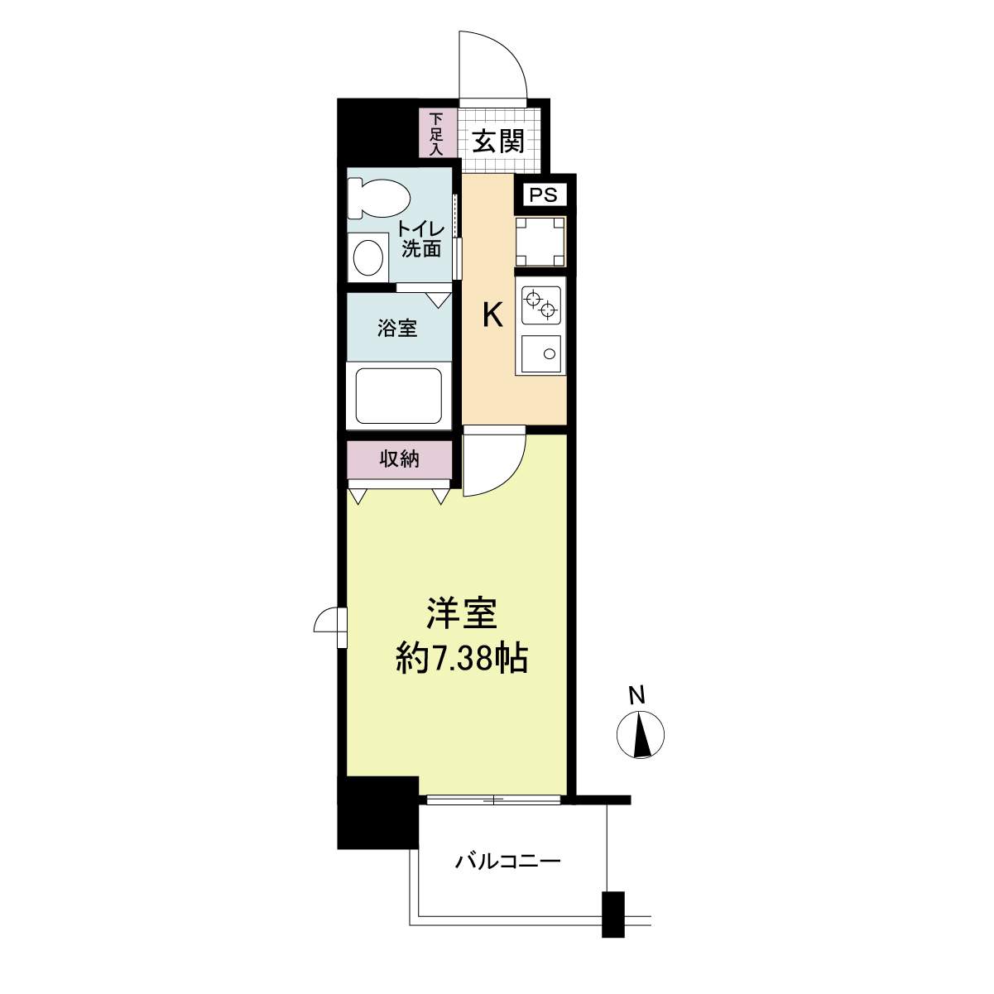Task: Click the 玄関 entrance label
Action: pos(498,142)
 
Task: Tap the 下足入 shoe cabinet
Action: pos(437,133)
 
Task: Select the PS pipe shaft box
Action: pos(544,195)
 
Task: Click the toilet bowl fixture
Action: pos(378,198)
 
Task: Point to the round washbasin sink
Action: pos(368,257)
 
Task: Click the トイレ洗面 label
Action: pos(421,239)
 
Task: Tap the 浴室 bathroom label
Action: pos(396,328)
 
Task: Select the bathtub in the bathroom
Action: pos(399,396)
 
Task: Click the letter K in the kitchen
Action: pos(492,315)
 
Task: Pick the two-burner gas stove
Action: pos(541,305)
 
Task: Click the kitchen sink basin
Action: pos(541,354)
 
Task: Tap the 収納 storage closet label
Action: pos(399,459)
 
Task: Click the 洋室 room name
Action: pos(461,614)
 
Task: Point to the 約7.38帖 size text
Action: pos(462,660)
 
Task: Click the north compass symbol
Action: pos(641,735)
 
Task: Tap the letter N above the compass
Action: pos(639,696)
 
